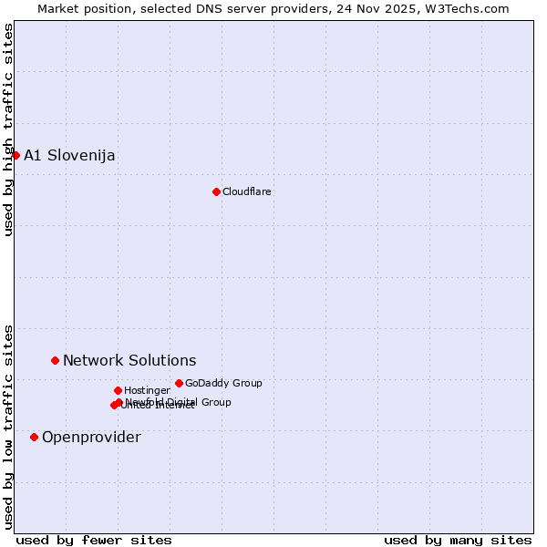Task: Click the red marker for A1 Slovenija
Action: (x=15, y=155)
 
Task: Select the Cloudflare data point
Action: (x=216, y=191)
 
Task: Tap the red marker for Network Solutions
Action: (x=55, y=361)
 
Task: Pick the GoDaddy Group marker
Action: (x=179, y=383)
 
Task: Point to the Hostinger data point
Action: (x=118, y=390)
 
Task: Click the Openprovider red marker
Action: (x=34, y=438)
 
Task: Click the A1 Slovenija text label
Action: (x=69, y=155)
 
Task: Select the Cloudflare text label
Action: (x=246, y=191)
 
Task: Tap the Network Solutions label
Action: (x=129, y=361)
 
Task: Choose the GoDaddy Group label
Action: (x=223, y=383)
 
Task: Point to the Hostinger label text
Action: (x=147, y=390)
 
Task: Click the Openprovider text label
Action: (x=91, y=438)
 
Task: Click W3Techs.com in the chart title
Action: (x=469, y=8)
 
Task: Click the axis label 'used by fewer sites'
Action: (x=94, y=540)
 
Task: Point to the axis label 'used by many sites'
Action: (x=458, y=540)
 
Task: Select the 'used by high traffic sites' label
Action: (x=8, y=129)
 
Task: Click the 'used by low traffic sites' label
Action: (x=8, y=426)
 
